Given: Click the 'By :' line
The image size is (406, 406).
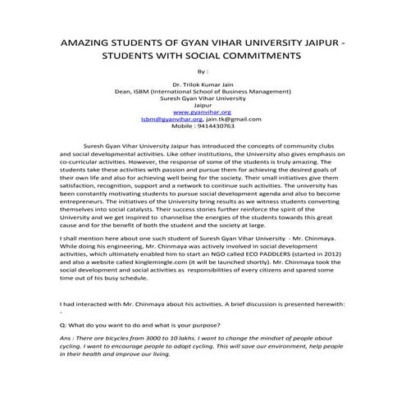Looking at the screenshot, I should coord(203,72).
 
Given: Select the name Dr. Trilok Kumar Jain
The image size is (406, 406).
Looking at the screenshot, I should coord(203,84).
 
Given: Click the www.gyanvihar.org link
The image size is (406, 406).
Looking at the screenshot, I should coord(203,112).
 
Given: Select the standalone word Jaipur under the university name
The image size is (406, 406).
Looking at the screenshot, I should coord(203,106).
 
